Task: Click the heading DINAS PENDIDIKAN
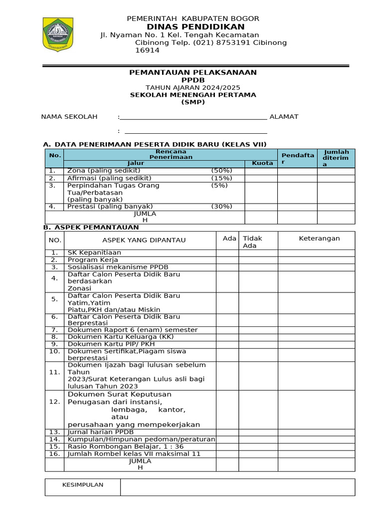click(195, 26)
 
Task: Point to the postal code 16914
click(148, 50)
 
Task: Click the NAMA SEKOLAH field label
click(69, 117)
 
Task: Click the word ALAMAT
click(284, 117)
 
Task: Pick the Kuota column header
click(262, 163)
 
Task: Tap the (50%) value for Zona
click(221, 171)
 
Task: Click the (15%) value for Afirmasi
click(221, 178)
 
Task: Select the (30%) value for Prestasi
click(221, 207)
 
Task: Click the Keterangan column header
click(319, 239)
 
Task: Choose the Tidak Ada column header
click(252, 242)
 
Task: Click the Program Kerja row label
click(93, 260)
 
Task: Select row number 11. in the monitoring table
click(54, 372)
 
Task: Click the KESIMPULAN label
click(82, 485)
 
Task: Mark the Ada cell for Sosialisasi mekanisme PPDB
click(227, 267)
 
